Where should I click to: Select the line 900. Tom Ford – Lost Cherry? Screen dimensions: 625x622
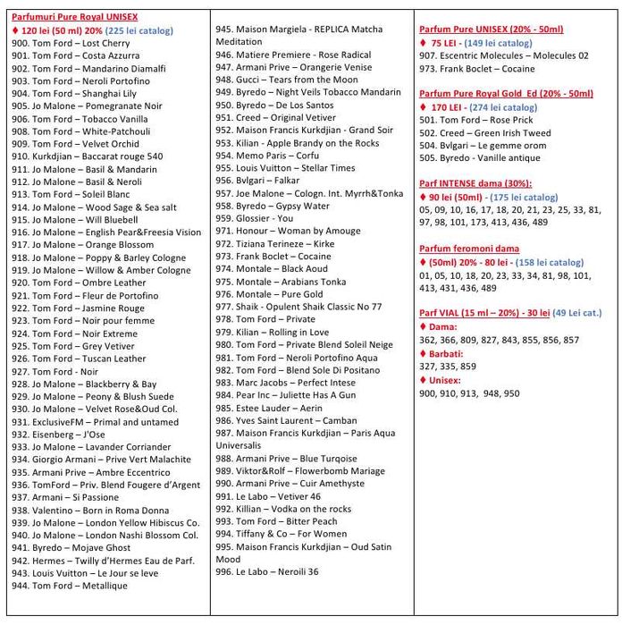pyautogui.click(x=71, y=43)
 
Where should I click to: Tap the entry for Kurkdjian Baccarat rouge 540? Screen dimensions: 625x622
pyautogui.click(x=87, y=156)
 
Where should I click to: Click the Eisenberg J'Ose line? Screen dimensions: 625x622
pyautogui.click(x=58, y=434)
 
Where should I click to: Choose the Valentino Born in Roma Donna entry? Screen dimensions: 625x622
pyautogui.click(x=89, y=510)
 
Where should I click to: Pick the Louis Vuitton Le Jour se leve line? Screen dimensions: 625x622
pyautogui.click(x=85, y=572)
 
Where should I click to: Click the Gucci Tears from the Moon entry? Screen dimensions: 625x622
pyautogui.click(x=286, y=80)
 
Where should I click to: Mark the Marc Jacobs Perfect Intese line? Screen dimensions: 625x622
pyautogui.click(x=285, y=382)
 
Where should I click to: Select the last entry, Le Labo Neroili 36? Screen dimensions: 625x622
pyautogui.click(x=268, y=571)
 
